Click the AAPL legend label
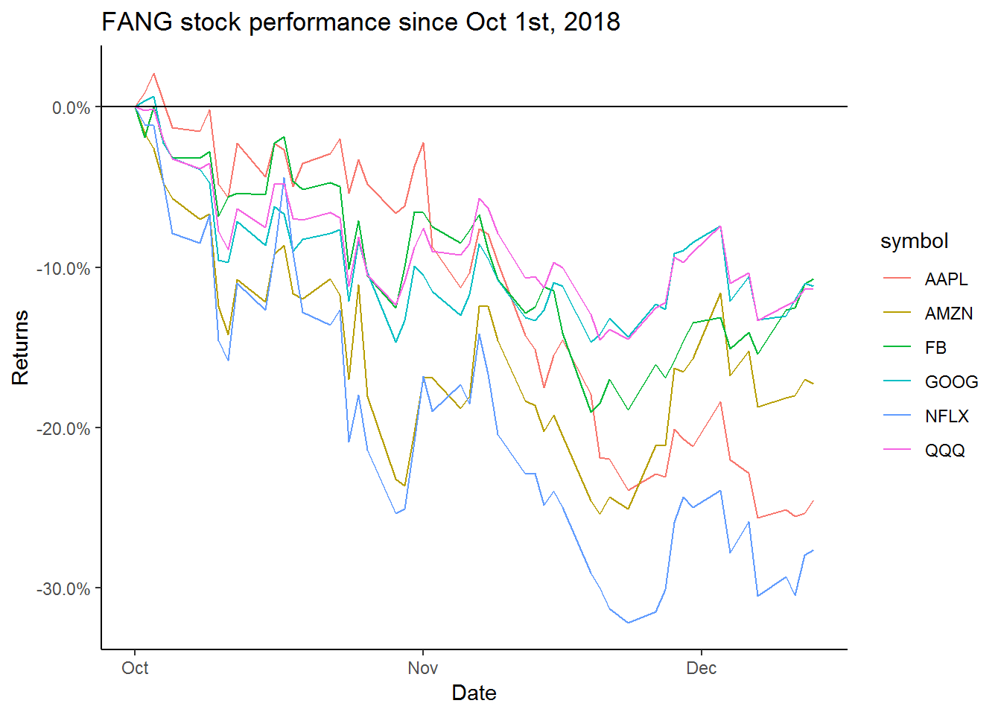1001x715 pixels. pos(946,279)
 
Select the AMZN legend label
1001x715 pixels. pos(948,314)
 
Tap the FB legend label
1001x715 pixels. pos(935,348)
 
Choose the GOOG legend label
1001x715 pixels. pos(951,382)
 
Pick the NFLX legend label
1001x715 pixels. pos(947,416)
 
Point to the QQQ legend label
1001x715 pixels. pos(944,451)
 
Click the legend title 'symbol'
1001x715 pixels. pos(914,241)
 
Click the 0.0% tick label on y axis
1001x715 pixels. pos(71,108)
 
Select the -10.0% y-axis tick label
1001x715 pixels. pos(63,268)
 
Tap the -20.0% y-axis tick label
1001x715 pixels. pos(63,429)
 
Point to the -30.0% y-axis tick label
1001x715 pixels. pos(63,589)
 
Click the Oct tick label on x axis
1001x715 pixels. pos(135,668)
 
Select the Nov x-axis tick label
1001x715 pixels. pos(422,668)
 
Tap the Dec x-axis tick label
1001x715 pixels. pos(701,668)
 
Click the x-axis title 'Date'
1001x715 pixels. pos(474,693)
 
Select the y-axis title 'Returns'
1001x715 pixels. pos(20,347)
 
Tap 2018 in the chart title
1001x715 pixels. pos(591,22)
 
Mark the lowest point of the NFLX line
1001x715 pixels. pos(628,623)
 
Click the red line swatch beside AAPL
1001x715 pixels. pos(897,279)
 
